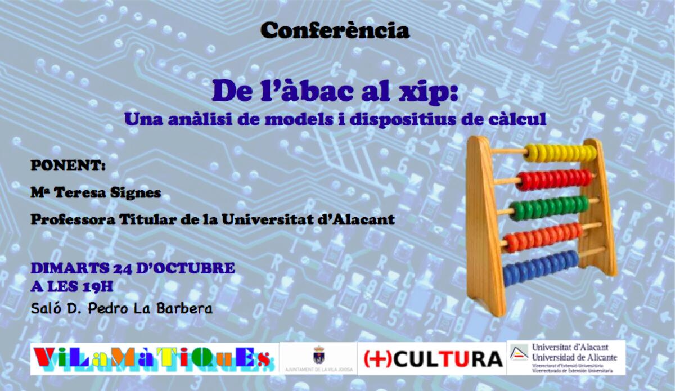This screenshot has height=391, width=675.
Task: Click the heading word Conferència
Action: coord(335,31)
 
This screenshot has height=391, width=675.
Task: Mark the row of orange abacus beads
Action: coord(543,237)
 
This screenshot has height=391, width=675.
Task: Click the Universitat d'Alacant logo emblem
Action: coord(519,353)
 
